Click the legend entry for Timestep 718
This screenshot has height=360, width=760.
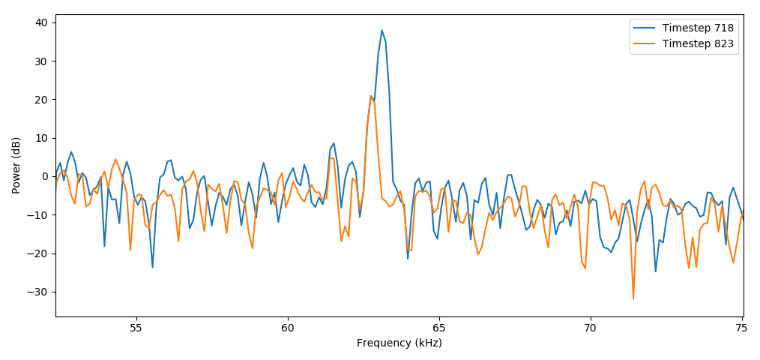tap(698, 28)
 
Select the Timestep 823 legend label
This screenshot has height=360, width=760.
tap(698, 43)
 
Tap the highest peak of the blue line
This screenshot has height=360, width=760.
tap(381, 31)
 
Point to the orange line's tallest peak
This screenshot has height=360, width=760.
tap(370, 96)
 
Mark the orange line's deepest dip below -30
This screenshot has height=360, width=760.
tap(633, 298)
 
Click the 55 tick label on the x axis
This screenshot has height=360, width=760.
tap(136, 328)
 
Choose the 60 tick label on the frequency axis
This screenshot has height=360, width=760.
tap(287, 328)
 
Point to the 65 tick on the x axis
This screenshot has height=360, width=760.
tap(438, 328)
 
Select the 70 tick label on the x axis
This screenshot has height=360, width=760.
tap(590, 328)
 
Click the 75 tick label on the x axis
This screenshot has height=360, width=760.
tap(741, 328)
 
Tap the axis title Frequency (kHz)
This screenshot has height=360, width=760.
tap(399, 343)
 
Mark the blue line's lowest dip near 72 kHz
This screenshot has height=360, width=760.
tap(655, 271)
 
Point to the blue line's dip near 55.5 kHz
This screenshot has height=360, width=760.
tap(152, 267)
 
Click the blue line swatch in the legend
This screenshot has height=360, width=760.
tap(645, 28)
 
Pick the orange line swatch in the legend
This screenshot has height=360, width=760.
tap(645, 43)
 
